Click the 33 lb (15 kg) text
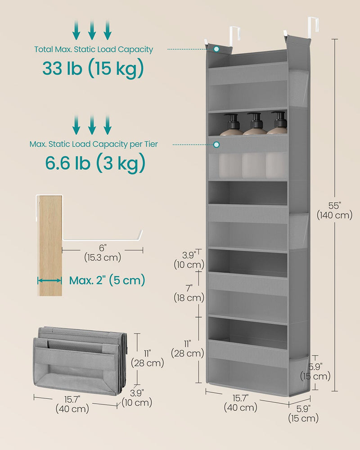[93, 68]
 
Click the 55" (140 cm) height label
[334, 210]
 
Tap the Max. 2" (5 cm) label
[107, 280]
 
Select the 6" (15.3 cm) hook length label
[102, 252]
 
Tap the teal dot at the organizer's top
[216, 49]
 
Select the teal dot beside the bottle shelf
[216, 145]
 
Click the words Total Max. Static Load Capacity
[94, 49]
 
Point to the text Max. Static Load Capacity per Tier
[94, 144]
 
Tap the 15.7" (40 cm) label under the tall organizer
[242, 403]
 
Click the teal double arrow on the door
[49, 280]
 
